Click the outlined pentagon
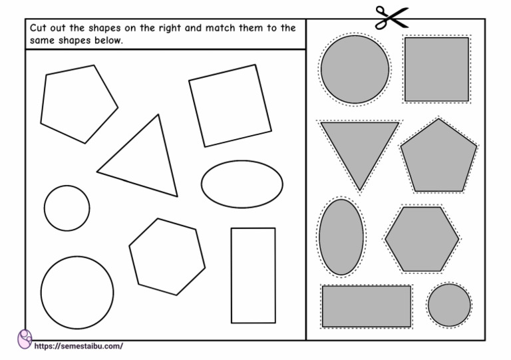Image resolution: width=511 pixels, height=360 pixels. pyautogui.click(x=77, y=103)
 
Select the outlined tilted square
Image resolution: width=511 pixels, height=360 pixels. pyautogui.click(x=230, y=105)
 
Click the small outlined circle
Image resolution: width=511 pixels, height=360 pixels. pyautogui.click(x=67, y=208)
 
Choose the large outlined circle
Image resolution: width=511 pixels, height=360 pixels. pyautogui.click(x=77, y=292)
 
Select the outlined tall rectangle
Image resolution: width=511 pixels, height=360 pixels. pyautogui.click(x=253, y=274)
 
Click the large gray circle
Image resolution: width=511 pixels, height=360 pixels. pyautogui.click(x=355, y=69)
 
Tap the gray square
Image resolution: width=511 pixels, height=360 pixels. pyautogui.click(x=436, y=69)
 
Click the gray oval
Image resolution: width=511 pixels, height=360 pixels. pyautogui.click(x=341, y=237)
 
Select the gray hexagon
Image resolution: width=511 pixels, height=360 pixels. pyautogui.click(x=422, y=239)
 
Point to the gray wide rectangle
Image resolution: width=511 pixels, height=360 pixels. pyautogui.click(x=367, y=305)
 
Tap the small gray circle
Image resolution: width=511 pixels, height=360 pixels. pyautogui.click(x=449, y=305)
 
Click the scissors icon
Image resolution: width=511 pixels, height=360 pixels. pyautogui.click(x=390, y=17)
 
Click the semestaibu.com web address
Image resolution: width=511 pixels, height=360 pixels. pyautogui.click(x=79, y=346)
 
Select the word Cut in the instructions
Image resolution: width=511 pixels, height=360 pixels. pyautogui.click(x=37, y=28)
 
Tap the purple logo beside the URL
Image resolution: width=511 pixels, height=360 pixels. pyautogui.click(x=25, y=339)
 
